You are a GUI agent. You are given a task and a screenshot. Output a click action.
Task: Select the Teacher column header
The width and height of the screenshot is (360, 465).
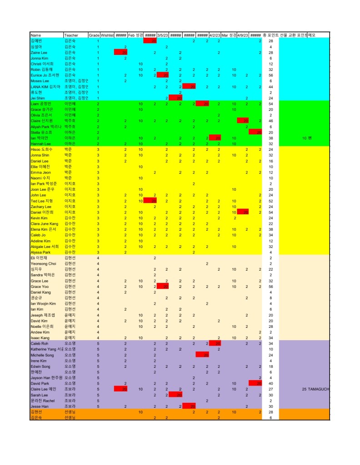tap(71, 35)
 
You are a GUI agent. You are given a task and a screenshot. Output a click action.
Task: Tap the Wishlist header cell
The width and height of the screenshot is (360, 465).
tap(107, 35)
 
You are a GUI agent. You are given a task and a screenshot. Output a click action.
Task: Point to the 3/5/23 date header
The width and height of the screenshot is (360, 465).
tap(163, 35)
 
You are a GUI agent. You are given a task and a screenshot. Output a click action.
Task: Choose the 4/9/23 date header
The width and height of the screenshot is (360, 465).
tap(243, 35)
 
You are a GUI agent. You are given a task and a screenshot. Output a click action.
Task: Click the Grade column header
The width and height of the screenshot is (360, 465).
tap(94, 35)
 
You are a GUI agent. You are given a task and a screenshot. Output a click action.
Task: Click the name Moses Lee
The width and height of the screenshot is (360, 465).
tap(40, 81)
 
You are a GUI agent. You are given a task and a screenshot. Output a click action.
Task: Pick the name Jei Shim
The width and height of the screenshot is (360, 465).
tap(38, 98)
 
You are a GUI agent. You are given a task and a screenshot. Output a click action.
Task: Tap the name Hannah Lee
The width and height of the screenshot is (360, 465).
tap(40, 143)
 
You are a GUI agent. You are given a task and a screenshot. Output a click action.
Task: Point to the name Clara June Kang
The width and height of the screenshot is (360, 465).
tap(44, 224)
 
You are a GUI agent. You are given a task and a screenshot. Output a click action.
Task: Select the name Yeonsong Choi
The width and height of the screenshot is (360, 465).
tap(43, 263)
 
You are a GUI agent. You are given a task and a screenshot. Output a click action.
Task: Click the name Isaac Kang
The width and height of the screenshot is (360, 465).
tap(40, 338)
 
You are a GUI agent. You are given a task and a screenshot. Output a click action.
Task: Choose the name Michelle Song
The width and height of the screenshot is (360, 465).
tap(42, 355)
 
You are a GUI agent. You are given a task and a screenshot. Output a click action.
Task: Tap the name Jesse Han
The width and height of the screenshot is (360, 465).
tap(40, 406)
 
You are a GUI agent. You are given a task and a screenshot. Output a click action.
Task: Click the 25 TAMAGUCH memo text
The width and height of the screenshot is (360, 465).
tap(315, 389)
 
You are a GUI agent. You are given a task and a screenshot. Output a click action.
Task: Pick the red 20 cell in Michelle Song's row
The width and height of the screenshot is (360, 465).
tap(202, 355)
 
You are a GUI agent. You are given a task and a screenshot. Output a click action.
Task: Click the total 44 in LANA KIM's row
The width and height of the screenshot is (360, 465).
tap(270, 87)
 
